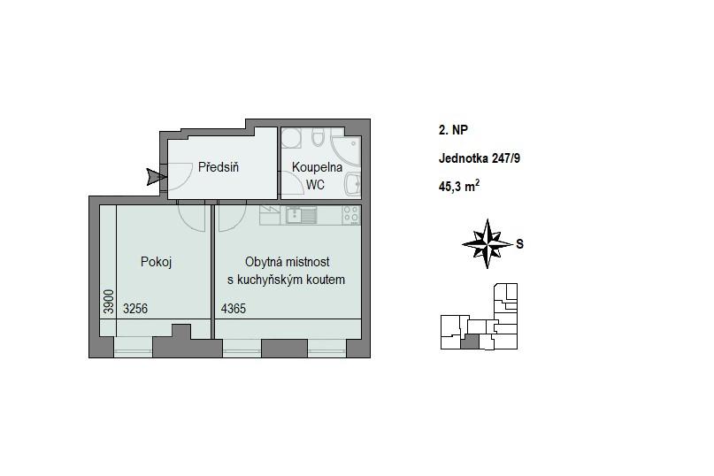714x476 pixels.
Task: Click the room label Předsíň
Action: click(219, 167)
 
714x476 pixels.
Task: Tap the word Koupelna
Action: click(317, 167)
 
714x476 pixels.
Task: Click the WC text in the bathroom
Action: click(315, 185)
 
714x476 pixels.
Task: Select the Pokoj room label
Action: click(156, 262)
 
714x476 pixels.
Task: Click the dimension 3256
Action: click(135, 309)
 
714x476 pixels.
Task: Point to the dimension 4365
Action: click(234, 309)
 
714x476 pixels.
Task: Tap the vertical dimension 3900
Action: click(108, 302)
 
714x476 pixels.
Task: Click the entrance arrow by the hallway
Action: click(157, 177)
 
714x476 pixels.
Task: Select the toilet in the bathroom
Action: click(318, 137)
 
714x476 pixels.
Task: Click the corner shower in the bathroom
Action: click(346, 150)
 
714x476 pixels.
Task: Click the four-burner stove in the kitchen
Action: click(350, 215)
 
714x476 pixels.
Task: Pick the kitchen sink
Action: click(301, 215)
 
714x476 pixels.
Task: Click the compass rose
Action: click(488, 244)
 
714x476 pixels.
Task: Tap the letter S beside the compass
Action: click(519, 244)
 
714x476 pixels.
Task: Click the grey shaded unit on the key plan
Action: click(470, 342)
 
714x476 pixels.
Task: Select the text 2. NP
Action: click(453, 130)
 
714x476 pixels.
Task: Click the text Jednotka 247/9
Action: click(479, 158)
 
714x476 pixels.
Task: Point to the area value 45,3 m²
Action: click(459, 186)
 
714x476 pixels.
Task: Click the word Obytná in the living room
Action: click(262, 262)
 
